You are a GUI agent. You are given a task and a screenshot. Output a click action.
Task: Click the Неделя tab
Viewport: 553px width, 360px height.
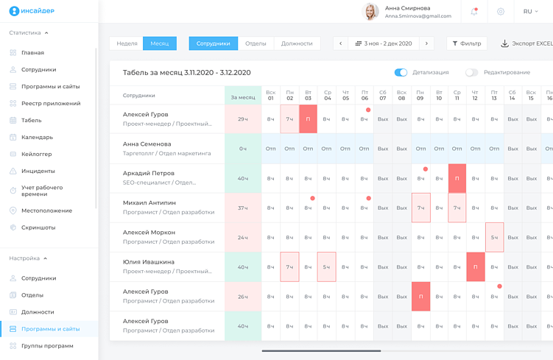tap(127, 43)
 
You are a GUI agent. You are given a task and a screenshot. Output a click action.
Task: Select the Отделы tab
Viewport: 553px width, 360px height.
tap(256, 43)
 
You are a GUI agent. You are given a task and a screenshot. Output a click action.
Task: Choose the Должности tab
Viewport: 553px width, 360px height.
tap(297, 43)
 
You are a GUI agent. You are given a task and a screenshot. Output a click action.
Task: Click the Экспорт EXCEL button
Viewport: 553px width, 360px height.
tap(526, 43)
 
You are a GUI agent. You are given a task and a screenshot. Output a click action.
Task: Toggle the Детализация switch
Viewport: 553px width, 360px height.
tap(401, 72)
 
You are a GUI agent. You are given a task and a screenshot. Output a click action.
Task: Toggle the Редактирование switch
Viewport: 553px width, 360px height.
tap(471, 72)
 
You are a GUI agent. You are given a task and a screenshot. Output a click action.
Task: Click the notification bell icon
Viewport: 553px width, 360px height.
tap(474, 12)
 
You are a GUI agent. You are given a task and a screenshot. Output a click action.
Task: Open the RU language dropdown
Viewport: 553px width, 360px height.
tap(530, 12)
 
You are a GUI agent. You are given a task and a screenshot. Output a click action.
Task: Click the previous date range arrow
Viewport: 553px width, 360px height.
tap(340, 43)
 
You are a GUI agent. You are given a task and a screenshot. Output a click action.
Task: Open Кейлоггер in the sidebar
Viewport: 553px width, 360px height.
tap(37, 154)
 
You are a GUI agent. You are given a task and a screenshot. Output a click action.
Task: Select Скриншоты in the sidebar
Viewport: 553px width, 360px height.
tap(38, 227)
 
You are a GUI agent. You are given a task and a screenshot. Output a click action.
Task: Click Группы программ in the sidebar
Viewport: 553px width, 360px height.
tap(47, 345)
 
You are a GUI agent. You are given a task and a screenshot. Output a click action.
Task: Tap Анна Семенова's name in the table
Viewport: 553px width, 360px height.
tap(147, 144)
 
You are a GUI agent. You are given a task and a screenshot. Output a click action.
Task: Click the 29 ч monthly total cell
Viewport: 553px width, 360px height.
tap(243, 119)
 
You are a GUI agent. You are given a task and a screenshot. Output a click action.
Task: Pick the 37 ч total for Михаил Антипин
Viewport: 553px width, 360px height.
tap(243, 208)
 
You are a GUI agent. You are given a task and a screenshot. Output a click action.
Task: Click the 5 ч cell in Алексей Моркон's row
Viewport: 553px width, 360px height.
tap(494, 237)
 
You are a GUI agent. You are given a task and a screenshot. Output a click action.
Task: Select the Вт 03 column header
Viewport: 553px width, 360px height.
tap(308, 95)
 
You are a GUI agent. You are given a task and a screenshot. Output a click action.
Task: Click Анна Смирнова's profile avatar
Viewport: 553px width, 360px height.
tap(371, 12)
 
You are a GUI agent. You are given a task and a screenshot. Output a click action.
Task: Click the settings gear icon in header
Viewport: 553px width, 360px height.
tap(501, 12)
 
